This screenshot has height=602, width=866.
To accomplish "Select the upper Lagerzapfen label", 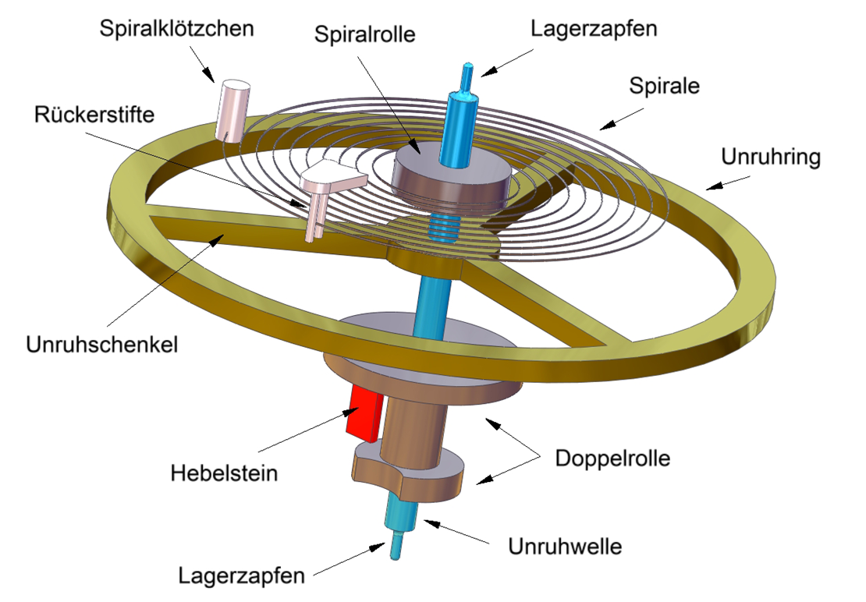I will pos(594,29).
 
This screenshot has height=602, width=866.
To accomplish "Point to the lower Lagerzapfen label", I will pos(241,576).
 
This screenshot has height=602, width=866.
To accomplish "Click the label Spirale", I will pos(665,86).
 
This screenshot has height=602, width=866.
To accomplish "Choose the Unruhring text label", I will pos(771,157).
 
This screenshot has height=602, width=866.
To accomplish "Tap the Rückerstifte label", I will pos(94,114).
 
